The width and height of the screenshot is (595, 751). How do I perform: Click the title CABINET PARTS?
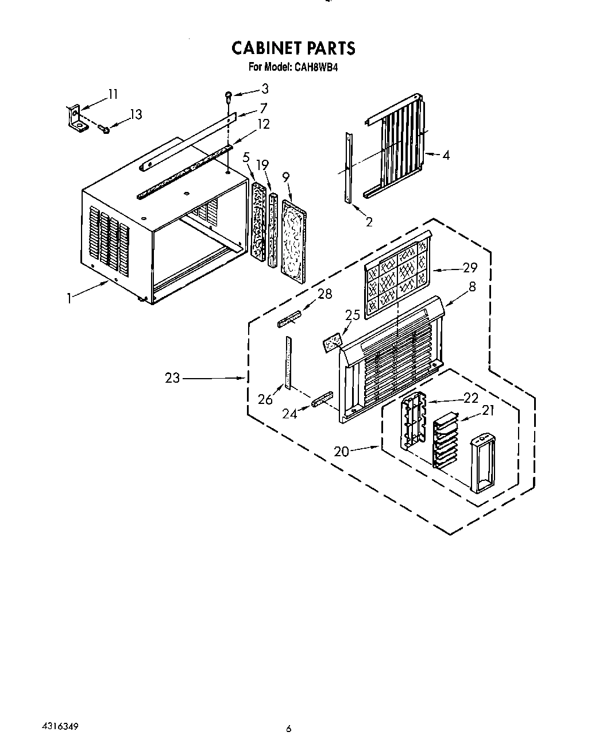pos(293,48)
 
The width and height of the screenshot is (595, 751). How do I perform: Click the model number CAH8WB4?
pos(317,67)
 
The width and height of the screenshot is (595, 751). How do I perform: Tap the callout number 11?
pos(113,94)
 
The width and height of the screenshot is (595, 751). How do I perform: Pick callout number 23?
pos(172,379)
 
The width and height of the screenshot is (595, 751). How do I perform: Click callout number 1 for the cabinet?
pos(69,298)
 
